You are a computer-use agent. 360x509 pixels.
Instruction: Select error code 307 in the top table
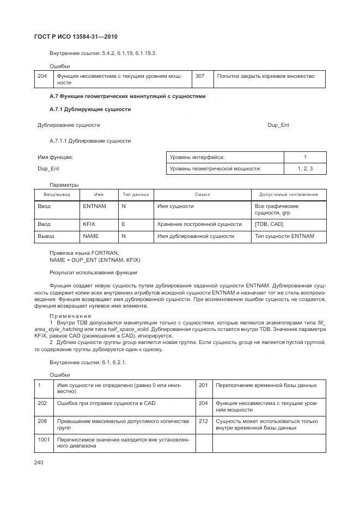(x=200, y=76)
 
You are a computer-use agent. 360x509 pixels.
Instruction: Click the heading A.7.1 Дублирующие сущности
(x=90, y=109)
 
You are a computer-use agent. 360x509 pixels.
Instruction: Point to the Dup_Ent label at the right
(x=278, y=125)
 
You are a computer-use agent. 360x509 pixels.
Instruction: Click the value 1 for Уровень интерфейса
(x=305, y=157)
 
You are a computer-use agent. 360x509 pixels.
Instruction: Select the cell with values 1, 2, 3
(x=305, y=169)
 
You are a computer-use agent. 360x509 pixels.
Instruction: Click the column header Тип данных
(x=136, y=194)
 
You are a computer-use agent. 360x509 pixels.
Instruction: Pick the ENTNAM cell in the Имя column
(x=94, y=207)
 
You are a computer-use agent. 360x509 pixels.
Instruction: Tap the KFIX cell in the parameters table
(x=89, y=224)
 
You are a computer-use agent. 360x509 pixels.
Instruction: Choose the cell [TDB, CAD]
(x=269, y=224)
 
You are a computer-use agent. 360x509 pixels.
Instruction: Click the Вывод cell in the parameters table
(x=46, y=236)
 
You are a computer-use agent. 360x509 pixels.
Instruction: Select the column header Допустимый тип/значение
(x=289, y=194)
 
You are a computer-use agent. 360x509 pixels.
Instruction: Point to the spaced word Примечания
(x=70, y=316)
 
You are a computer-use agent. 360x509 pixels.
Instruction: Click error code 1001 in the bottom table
(x=44, y=439)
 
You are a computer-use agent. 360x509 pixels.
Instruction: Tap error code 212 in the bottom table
(x=203, y=421)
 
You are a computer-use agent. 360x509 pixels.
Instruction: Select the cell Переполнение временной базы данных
(x=266, y=385)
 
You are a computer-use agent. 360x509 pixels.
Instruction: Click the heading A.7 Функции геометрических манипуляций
(x=127, y=96)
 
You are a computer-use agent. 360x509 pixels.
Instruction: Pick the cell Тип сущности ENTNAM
(x=284, y=236)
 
